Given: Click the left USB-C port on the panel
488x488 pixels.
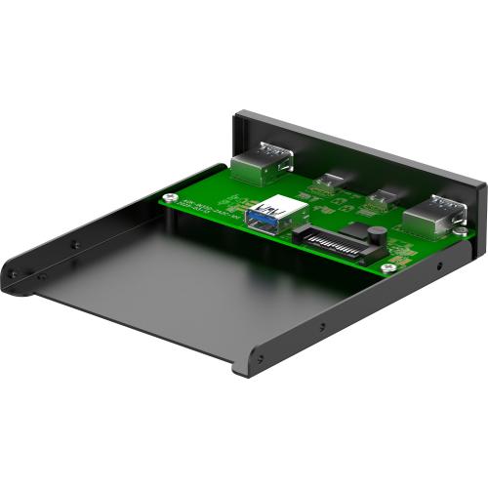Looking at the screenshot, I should point(329,181).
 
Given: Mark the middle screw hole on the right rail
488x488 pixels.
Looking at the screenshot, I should point(323,326).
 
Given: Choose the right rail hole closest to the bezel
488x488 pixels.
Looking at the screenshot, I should point(438,265).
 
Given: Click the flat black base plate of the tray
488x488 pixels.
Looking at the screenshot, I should point(176,283).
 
